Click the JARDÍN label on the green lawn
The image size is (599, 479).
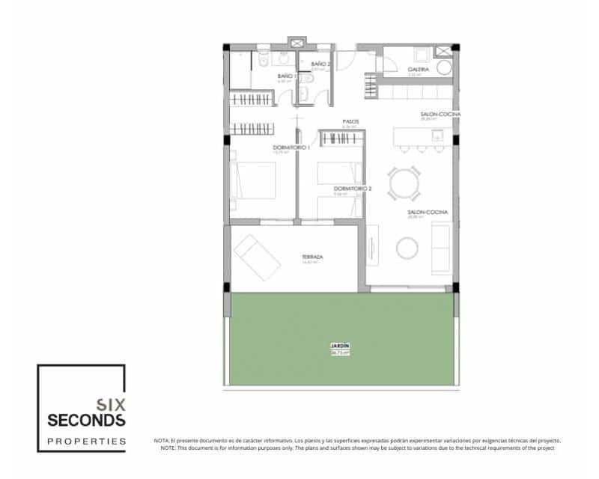(340, 346)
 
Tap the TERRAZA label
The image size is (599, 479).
(313, 256)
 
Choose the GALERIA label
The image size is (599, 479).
(419, 69)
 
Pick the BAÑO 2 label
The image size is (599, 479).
(320, 64)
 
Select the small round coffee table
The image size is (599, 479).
(408, 248)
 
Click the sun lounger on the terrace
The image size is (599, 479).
(256, 256)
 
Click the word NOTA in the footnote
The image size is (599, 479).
(162, 441)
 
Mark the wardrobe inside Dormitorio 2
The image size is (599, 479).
(342, 138)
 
